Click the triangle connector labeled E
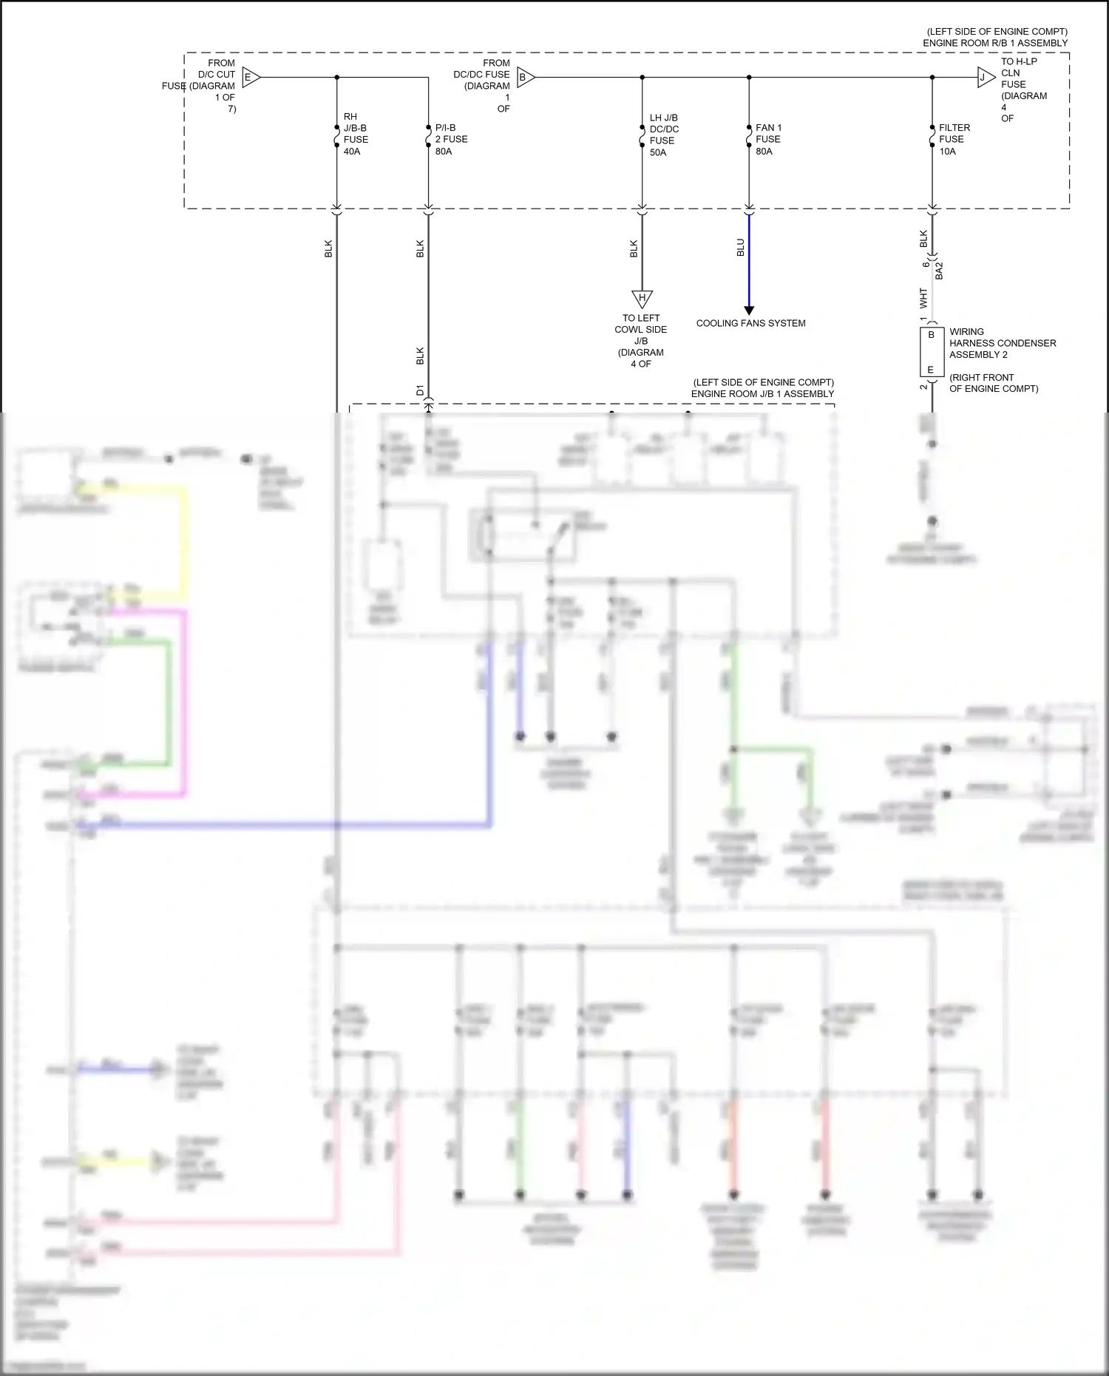click(x=250, y=77)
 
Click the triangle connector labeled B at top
click(x=524, y=77)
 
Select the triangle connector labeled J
click(x=985, y=77)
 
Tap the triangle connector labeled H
click(x=642, y=299)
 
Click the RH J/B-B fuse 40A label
click(x=355, y=134)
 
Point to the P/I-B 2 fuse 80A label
click(x=451, y=139)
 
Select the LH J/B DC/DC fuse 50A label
click(x=663, y=135)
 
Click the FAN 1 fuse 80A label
click(x=768, y=139)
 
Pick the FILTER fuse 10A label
click(x=954, y=139)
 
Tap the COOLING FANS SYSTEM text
click(x=750, y=323)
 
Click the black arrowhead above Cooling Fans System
click(x=748, y=311)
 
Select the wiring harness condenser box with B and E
click(x=931, y=352)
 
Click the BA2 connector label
click(x=939, y=271)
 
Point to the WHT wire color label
click(x=923, y=298)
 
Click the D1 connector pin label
click(x=419, y=390)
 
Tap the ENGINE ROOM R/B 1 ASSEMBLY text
click(x=994, y=43)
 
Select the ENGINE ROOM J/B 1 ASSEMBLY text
click(x=762, y=393)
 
